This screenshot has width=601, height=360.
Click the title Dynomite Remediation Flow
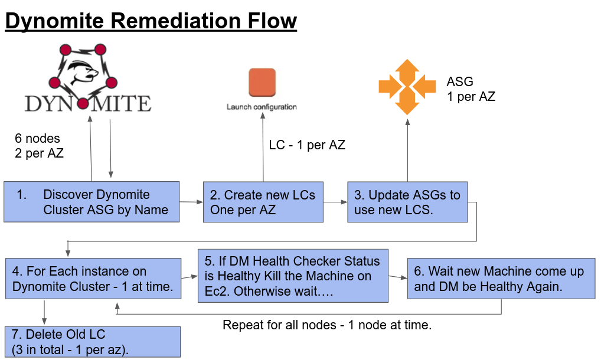click(151, 21)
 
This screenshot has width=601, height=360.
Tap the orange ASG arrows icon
click(407, 87)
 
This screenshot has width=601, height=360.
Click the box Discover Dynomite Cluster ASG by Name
click(92, 202)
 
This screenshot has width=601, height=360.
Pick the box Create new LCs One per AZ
click(263, 202)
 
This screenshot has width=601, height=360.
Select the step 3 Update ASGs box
click(407, 202)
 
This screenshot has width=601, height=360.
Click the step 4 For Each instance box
click(93, 279)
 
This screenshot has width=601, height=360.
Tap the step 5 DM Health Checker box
click(293, 276)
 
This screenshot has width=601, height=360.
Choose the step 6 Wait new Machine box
click(501, 279)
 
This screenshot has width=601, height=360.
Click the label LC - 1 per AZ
click(307, 145)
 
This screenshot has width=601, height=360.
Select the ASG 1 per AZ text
click(471, 89)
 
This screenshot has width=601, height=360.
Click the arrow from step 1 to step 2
click(191, 202)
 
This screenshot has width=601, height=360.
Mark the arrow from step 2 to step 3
click(335, 202)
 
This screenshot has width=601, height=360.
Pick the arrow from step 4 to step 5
click(189, 276)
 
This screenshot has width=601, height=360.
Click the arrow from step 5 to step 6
click(397, 276)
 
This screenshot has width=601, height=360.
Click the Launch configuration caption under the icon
click(262, 107)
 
